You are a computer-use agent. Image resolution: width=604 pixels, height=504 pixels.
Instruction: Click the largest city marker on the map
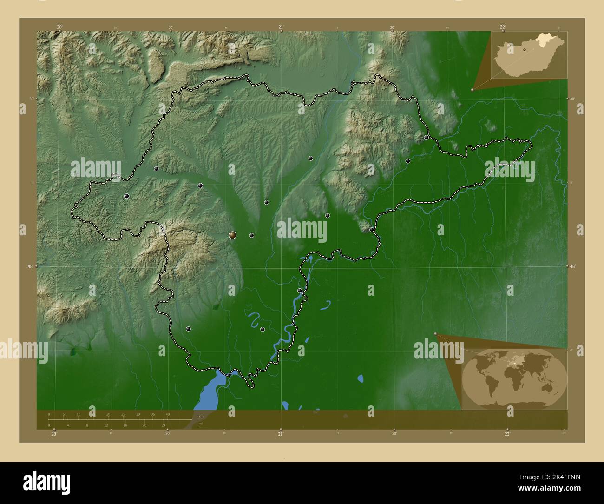(232, 236)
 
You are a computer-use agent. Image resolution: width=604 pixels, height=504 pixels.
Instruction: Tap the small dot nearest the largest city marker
(251, 236)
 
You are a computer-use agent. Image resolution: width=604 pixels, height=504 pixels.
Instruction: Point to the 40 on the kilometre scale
(167, 414)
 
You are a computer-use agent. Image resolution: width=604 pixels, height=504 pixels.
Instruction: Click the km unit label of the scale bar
(200, 416)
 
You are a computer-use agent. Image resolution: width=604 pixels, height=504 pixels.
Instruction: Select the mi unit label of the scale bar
(200, 424)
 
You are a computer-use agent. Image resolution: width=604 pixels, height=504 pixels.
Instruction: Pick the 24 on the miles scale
(164, 425)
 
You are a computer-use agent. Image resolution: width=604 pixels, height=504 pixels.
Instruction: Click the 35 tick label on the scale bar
(152, 414)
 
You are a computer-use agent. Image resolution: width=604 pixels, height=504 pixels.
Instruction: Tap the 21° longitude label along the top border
(281, 27)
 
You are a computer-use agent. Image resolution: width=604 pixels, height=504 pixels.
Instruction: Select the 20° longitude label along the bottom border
(54, 434)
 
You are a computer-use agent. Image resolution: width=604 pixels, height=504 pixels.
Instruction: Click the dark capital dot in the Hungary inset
(525, 49)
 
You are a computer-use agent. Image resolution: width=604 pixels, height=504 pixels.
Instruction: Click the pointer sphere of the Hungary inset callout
(472, 90)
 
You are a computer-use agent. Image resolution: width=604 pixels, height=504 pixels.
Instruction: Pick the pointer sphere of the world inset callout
(435, 333)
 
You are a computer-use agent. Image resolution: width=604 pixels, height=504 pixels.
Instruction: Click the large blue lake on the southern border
(212, 391)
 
